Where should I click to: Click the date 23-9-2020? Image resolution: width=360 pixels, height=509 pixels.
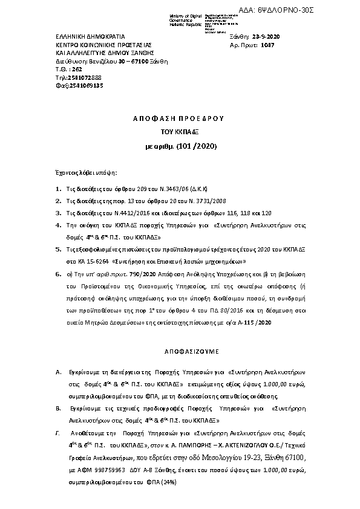point(269,37)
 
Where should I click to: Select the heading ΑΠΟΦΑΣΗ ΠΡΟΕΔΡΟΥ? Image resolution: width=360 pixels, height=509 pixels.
point(179,119)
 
